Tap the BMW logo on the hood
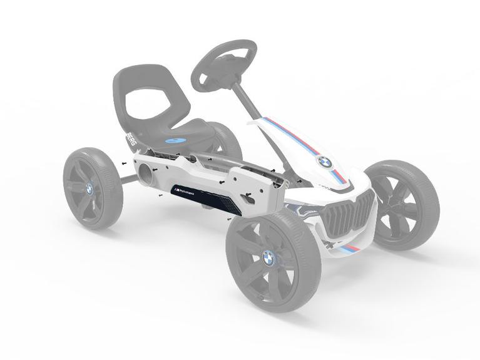click(x=324, y=162)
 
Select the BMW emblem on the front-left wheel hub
click(x=269, y=257)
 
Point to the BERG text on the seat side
click(x=131, y=141)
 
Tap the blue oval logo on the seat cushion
click(x=178, y=141)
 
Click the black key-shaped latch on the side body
click(x=249, y=199)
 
